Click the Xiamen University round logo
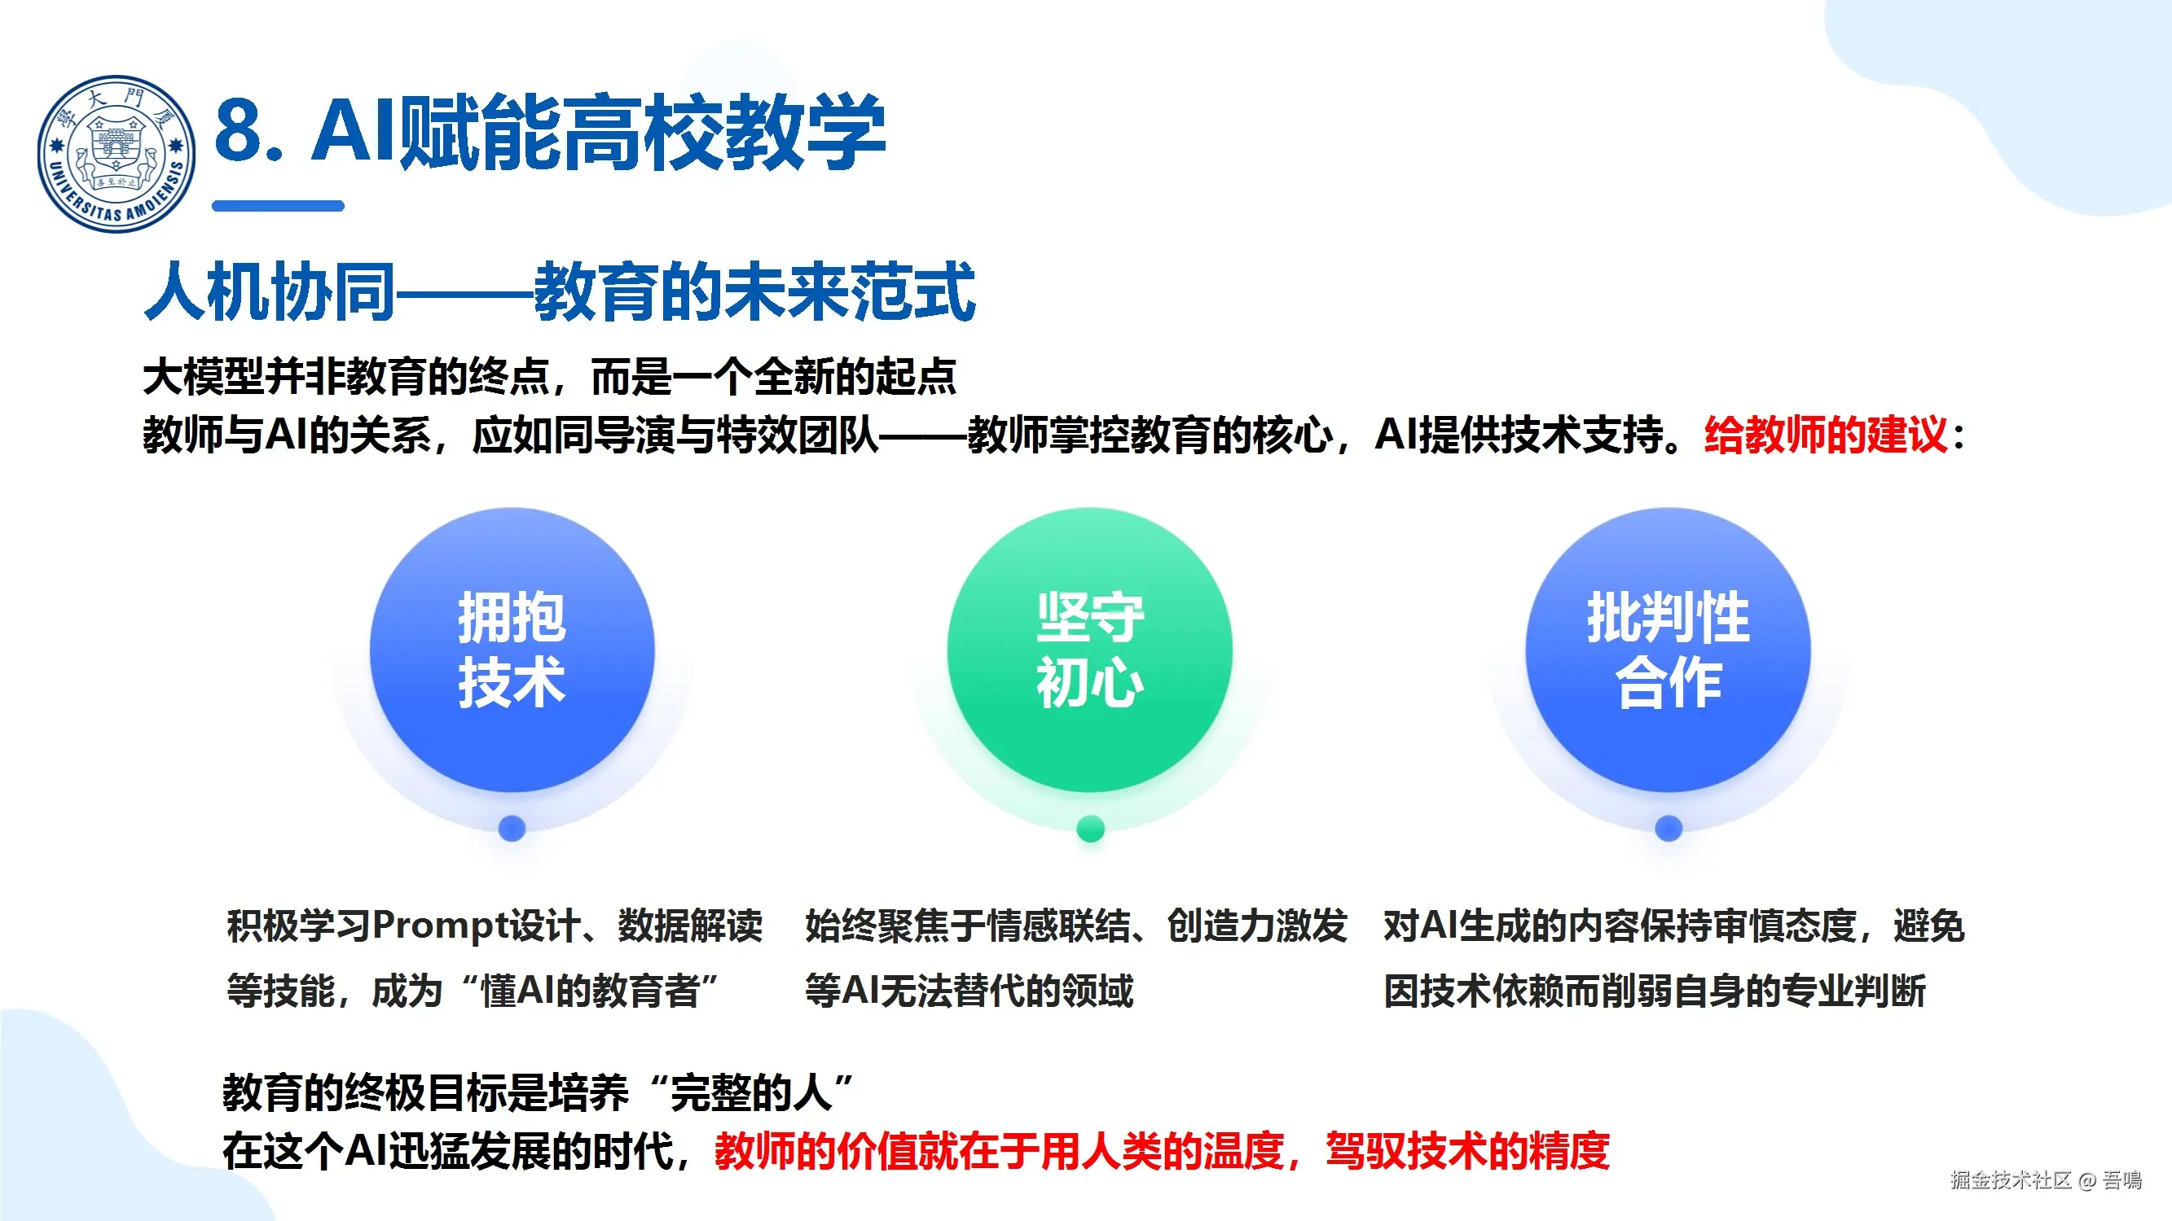pos(117,153)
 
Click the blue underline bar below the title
pos(279,206)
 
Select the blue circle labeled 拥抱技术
pos(512,650)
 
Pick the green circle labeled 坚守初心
pos(1089,650)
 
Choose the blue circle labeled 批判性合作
pos(1668,650)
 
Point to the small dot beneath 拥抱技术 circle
pos(512,829)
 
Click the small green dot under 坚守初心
pos(1090,829)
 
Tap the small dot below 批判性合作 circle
pos(1669,829)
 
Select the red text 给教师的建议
pos(1826,435)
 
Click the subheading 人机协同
pos(270,291)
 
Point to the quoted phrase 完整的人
pos(750,1093)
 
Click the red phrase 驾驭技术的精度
pos(1467,1151)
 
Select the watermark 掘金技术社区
pos(2010,1179)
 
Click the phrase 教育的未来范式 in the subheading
pos(754,291)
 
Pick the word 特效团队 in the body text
pos(797,435)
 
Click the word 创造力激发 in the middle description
pos(1257,926)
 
